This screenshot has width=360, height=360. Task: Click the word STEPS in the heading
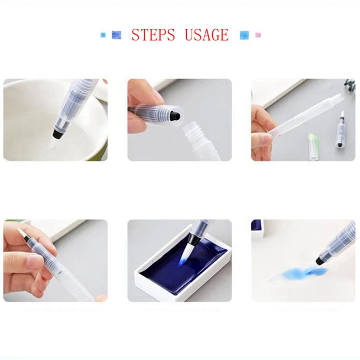pyautogui.click(x=153, y=35)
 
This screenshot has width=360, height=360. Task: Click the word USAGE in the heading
pyautogui.click(x=207, y=35)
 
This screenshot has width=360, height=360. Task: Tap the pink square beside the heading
pyautogui.click(x=258, y=35)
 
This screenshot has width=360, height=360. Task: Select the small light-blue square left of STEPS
pyautogui.click(x=103, y=35)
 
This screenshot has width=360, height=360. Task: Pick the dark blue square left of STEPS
pyautogui.click(x=116, y=35)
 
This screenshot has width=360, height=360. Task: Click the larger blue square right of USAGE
pyautogui.click(x=244, y=35)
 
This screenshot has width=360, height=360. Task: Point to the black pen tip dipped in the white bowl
pyautogui.click(x=58, y=133)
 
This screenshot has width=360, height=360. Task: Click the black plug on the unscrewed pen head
pyautogui.click(x=176, y=116)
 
